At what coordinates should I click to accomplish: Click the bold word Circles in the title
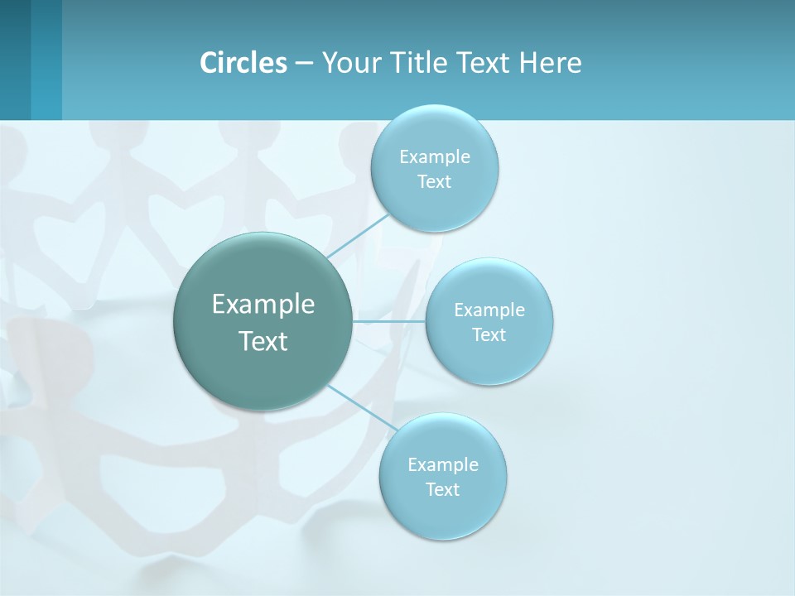tap(243, 63)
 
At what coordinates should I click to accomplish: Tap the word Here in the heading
tap(550, 63)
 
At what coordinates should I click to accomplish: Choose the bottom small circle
tap(442, 517)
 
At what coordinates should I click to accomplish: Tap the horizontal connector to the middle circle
tap(389, 321)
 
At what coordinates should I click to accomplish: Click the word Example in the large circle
tap(263, 305)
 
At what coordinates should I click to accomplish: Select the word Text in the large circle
tap(263, 341)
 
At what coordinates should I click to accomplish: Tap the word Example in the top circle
tap(435, 157)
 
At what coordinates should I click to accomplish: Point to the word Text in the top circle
tap(434, 182)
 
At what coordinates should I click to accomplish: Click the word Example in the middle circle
tap(489, 310)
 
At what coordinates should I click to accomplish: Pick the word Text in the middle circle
tap(489, 335)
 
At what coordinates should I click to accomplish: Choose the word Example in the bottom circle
tap(443, 465)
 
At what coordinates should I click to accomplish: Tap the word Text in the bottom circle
tap(442, 490)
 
